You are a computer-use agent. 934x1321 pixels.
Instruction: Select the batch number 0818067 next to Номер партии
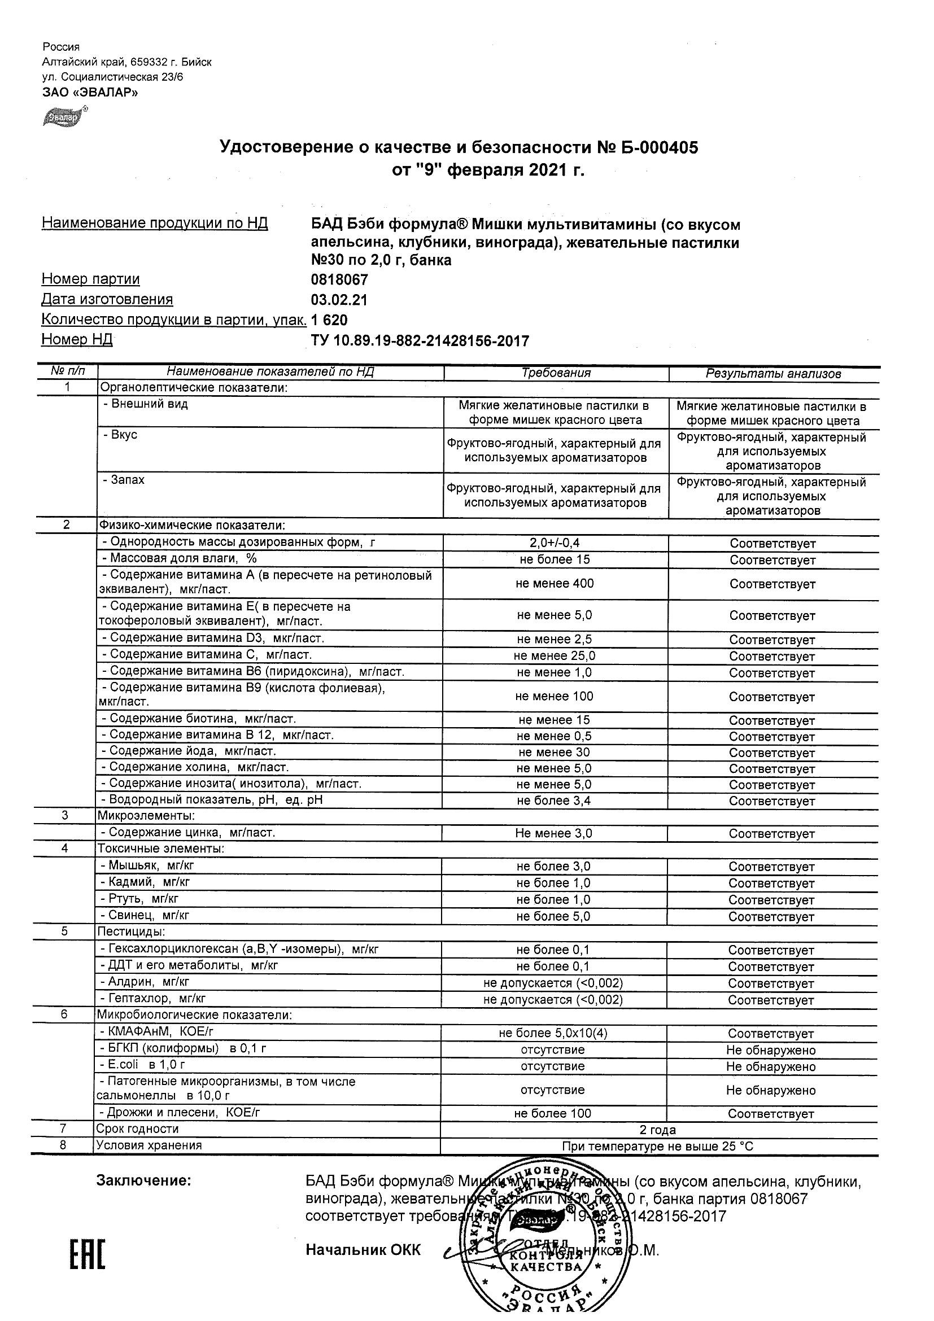pyautogui.click(x=339, y=280)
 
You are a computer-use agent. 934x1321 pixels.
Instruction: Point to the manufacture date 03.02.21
pyautogui.click(x=339, y=300)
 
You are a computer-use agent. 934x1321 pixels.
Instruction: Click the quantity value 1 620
pyautogui.click(x=329, y=321)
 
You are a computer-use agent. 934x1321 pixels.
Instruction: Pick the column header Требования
pyautogui.click(x=556, y=373)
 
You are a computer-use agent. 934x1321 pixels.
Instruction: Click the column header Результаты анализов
pyautogui.click(x=774, y=374)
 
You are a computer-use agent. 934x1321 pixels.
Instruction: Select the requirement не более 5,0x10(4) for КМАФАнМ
pyautogui.click(x=553, y=1033)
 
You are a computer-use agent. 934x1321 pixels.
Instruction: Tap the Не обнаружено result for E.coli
pyautogui.click(x=771, y=1067)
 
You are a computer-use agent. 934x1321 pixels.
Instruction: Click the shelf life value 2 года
pyautogui.click(x=658, y=1130)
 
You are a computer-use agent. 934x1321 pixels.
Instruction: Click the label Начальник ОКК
pyautogui.click(x=363, y=1250)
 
